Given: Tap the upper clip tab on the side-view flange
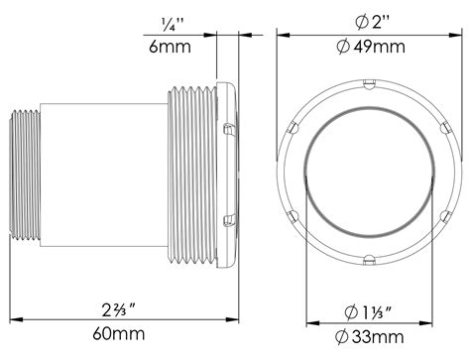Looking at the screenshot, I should (229, 128).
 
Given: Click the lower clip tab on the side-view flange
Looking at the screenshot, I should (229, 216).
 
